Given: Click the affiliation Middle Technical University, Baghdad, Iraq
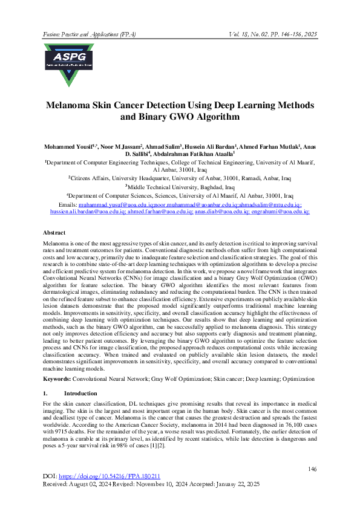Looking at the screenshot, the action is click(x=180, y=187).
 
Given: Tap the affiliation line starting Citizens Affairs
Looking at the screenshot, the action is click(x=180, y=179).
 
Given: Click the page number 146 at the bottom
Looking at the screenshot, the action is click(x=312, y=469).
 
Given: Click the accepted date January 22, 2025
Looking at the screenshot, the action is click(x=237, y=485).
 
